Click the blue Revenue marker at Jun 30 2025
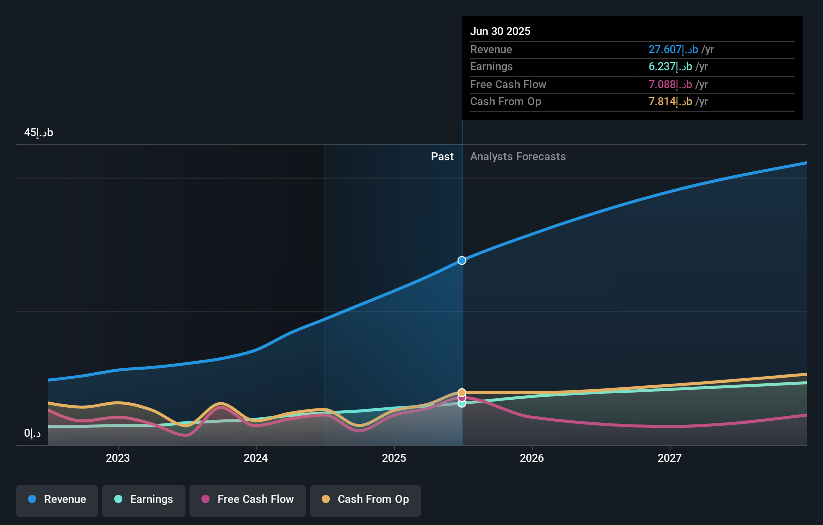[x=462, y=260]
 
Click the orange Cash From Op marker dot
[x=462, y=392]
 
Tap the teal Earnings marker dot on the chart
[x=462, y=403]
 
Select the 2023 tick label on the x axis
[x=118, y=458]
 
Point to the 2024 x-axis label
[x=256, y=458]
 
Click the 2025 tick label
[x=394, y=458]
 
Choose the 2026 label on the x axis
[x=532, y=458]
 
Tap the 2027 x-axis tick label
[x=670, y=458]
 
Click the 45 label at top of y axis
[x=39, y=133]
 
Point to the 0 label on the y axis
[x=32, y=433]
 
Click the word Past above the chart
[x=442, y=157]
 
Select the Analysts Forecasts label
[x=518, y=157]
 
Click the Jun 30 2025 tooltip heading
[x=500, y=31]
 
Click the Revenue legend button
[x=57, y=499]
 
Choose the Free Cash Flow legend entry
[x=248, y=499]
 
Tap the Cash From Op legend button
[x=365, y=499]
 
